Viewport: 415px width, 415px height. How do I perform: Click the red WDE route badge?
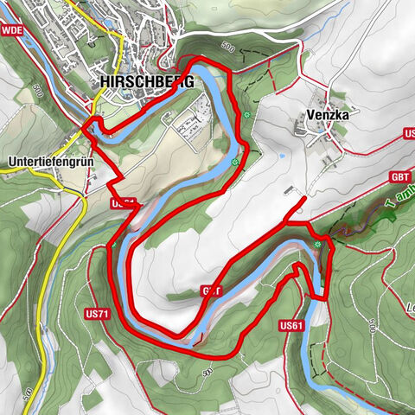[x=12, y=30]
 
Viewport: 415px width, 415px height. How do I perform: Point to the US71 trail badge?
[x=96, y=313]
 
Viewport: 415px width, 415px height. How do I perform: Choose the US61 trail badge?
[x=291, y=326]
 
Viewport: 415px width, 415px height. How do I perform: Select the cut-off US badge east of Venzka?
[x=410, y=134]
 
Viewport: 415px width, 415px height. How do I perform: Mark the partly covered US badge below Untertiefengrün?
[x=123, y=203]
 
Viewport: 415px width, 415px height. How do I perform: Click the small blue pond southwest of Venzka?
[x=280, y=157]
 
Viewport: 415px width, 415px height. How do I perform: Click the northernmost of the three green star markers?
[x=248, y=114]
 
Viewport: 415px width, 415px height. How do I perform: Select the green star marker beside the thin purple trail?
[x=318, y=245]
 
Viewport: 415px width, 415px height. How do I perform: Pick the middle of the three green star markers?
[x=234, y=161]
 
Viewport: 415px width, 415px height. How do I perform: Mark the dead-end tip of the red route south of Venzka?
[x=303, y=200]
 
